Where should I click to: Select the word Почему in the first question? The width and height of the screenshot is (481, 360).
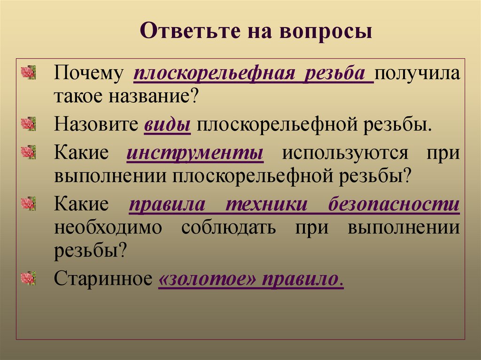(x=88, y=74)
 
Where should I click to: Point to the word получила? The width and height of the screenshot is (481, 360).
(x=417, y=74)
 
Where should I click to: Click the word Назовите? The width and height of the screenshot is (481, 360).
(x=96, y=125)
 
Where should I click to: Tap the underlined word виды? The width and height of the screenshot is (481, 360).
(x=167, y=125)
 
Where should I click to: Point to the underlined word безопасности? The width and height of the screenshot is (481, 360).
(x=394, y=205)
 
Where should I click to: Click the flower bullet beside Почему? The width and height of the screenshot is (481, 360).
(x=29, y=73)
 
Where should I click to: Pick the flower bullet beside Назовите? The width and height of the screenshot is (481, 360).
(x=29, y=124)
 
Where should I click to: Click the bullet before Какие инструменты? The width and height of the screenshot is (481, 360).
(x=29, y=152)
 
